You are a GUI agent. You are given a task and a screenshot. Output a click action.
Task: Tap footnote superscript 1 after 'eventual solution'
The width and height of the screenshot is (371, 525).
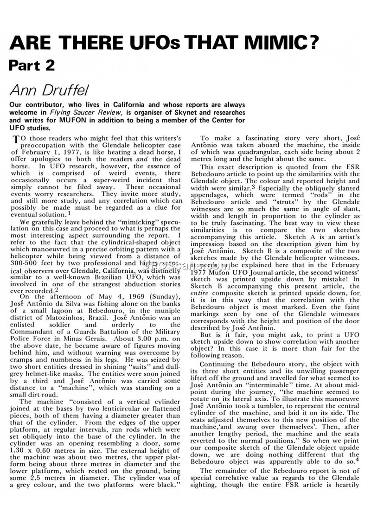69,213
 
